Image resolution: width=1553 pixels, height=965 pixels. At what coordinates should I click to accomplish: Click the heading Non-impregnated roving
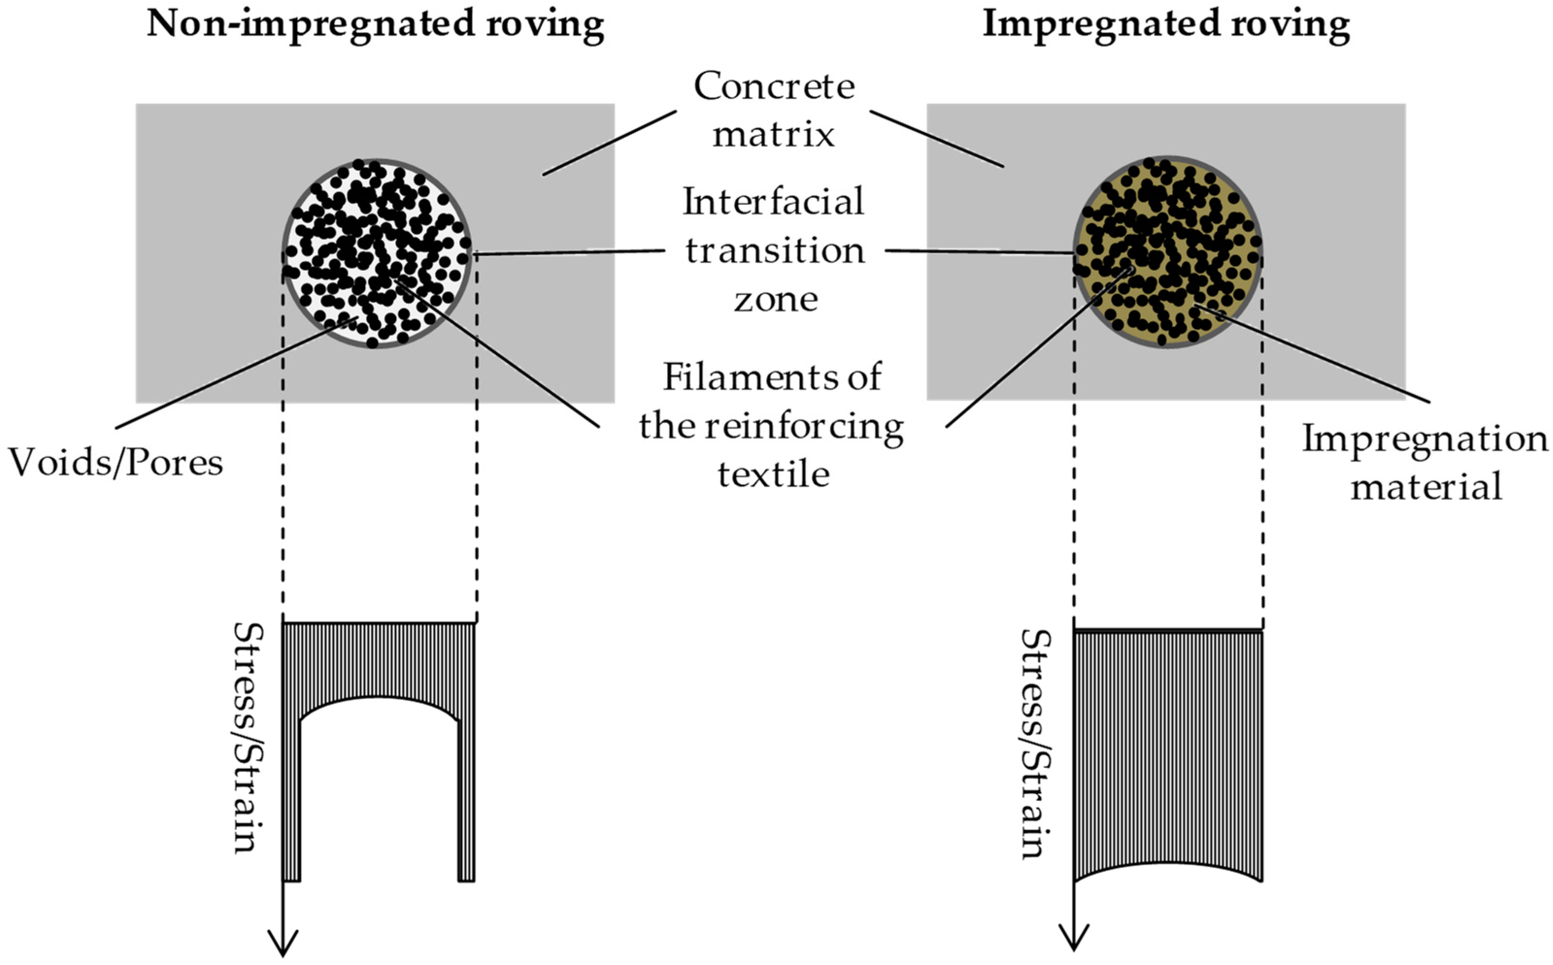[375, 24]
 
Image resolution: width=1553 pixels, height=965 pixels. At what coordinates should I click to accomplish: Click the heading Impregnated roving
[1166, 24]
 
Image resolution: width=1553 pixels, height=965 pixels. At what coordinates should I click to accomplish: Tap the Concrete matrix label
[774, 110]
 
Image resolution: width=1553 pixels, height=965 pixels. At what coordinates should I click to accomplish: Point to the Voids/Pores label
[116, 463]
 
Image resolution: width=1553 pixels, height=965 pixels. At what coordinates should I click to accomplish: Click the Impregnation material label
[1425, 463]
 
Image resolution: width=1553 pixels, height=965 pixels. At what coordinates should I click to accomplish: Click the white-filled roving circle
[377, 253]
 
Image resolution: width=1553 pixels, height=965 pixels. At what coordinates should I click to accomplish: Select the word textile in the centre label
[774, 474]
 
